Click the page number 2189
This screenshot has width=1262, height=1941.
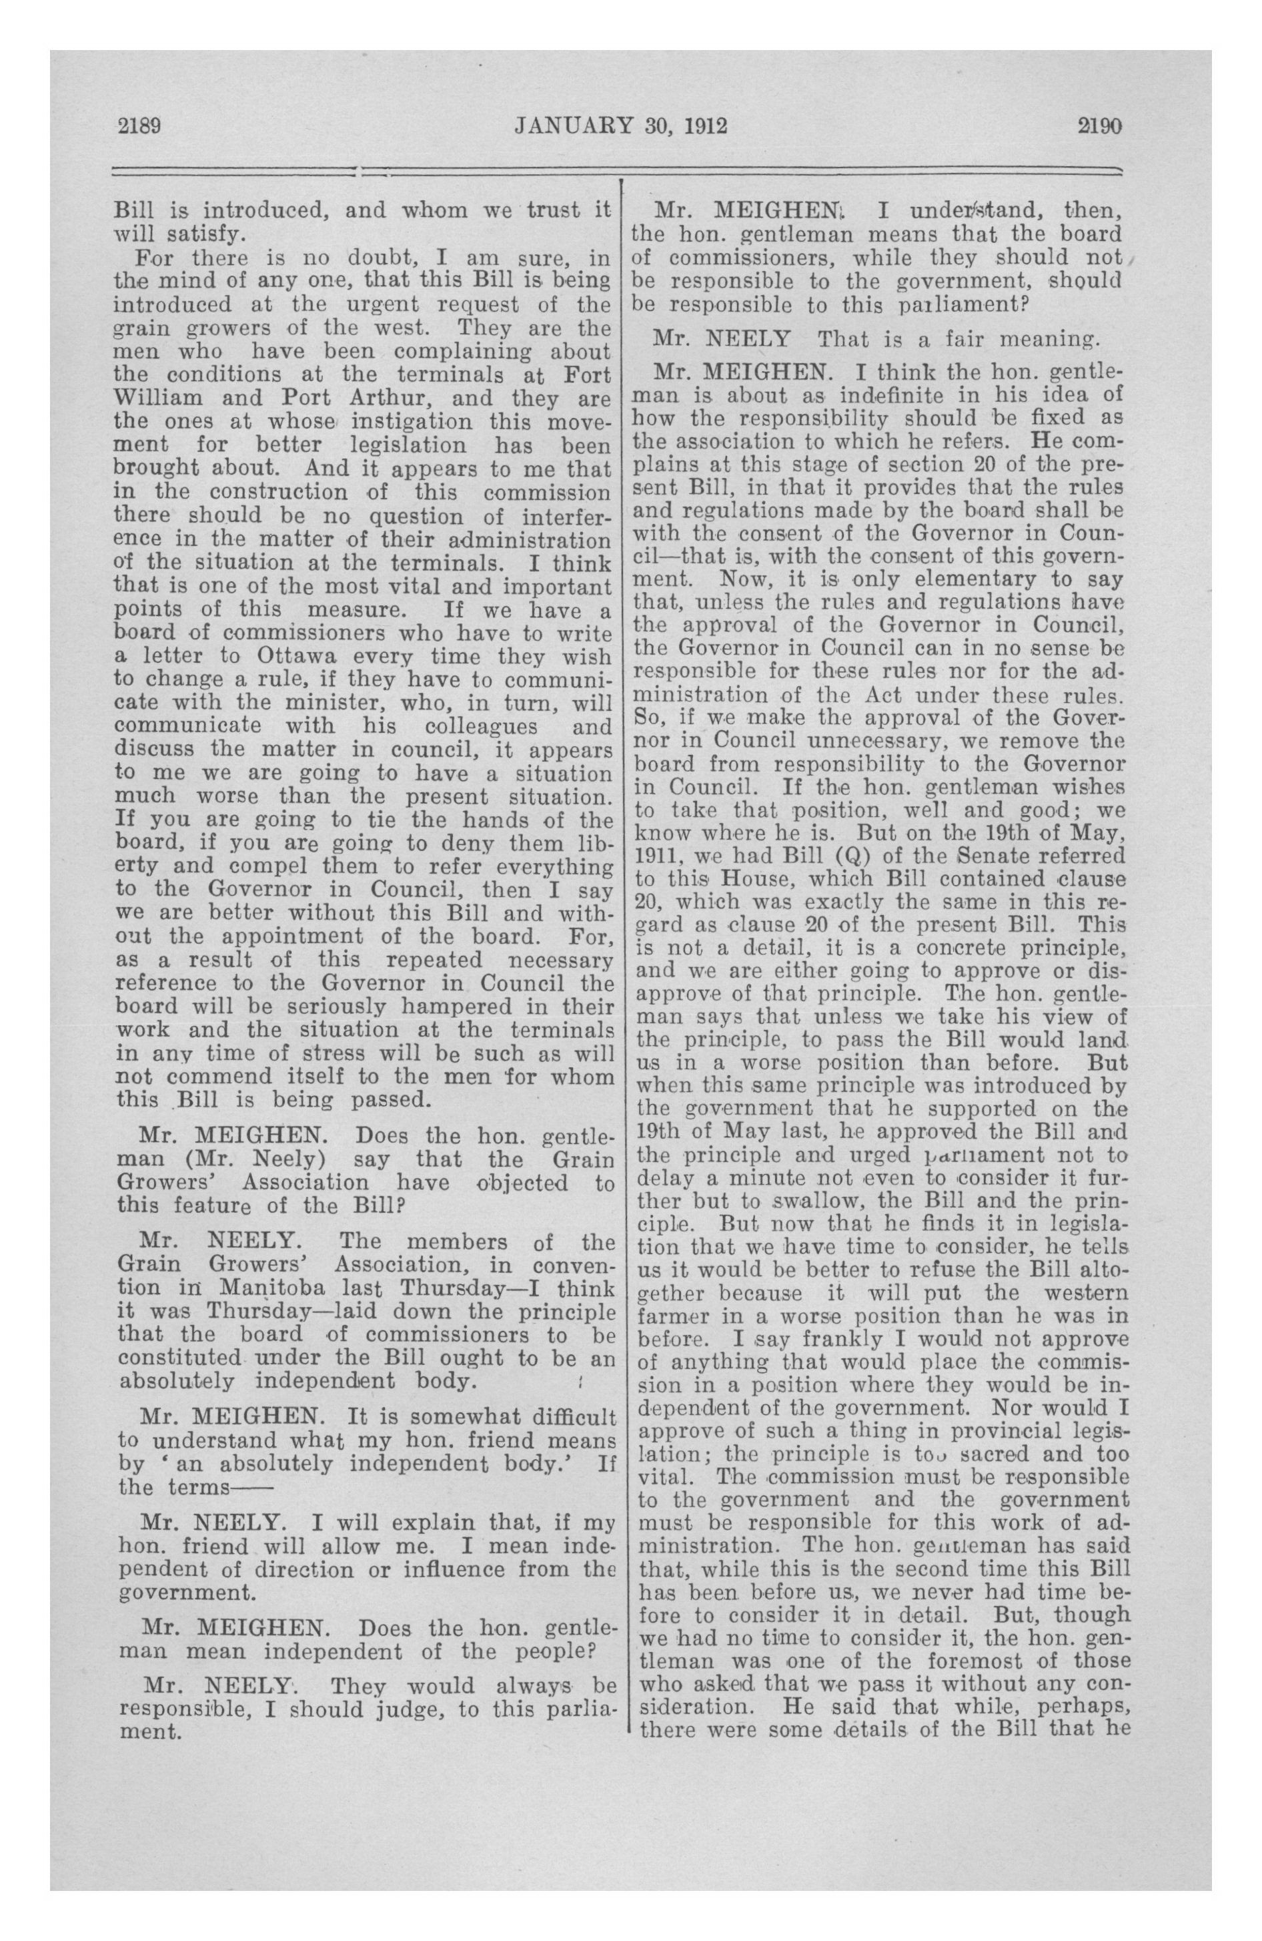(141, 125)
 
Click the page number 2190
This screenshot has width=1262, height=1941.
(1100, 125)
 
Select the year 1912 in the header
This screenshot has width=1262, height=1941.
(705, 125)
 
